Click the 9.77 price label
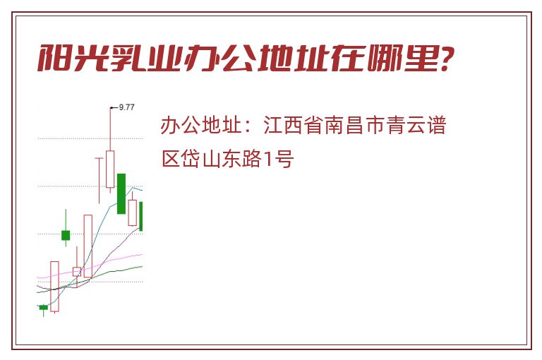tap(126, 107)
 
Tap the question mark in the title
tap(445, 59)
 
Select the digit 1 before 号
tap(267, 160)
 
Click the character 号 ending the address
tap(284, 160)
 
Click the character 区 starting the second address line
tap(171, 160)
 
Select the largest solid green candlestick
tap(121, 193)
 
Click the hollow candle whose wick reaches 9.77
tap(110, 169)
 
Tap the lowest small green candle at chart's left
tap(43, 308)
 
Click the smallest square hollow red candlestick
tap(77, 272)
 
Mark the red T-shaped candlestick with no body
tap(100, 180)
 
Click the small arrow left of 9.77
tap(114, 108)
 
